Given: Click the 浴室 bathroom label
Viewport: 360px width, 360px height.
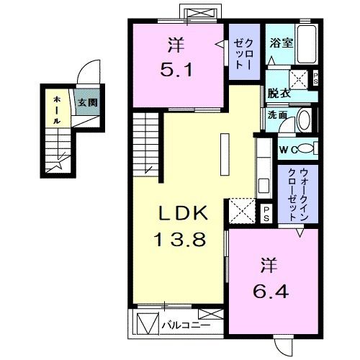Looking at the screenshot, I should pyautogui.click(x=281, y=43).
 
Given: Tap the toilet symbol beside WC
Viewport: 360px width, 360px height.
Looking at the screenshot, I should pyautogui.click(x=305, y=148).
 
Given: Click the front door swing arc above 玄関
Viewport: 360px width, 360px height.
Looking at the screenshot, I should pyautogui.click(x=88, y=76).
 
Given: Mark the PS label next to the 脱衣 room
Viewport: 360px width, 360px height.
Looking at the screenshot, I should pyautogui.click(x=316, y=81).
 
